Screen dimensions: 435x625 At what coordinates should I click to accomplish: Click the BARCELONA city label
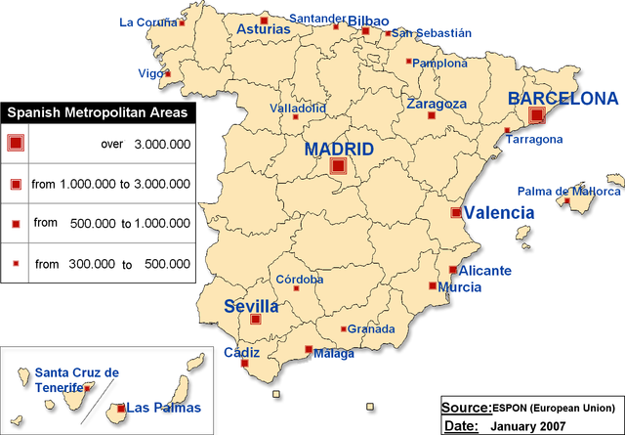pyautogui.click(x=563, y=99)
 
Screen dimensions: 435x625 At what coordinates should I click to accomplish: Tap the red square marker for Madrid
pyautogui.click(x=338, y=166)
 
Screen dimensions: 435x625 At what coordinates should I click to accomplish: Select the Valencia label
pyautogui.click(x=499, y=212)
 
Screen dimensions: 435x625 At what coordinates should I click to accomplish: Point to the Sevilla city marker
pyautogui.click(x=256, y=319)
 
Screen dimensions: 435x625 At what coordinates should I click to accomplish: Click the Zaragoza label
pyautogui.click(x=437, y=104)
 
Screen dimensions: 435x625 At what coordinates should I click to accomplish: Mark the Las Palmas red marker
pyautogui.click(x=120, y=408)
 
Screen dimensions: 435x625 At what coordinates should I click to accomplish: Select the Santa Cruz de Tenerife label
pyautogui.click(x=76, y=379)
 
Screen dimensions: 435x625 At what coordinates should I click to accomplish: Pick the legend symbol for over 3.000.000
pyautogui.click(x=15, y=143)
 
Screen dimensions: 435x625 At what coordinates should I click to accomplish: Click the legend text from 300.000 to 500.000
pyautogui.click(x=112, y=264)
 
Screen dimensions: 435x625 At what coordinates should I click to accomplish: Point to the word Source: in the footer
pyautogui.click(x=466, y=407)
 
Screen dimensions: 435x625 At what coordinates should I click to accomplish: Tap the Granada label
pyautogui.click(x=371, y=329)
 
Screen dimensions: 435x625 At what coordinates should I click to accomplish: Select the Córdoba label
pyautogui.click(x=300, y=280)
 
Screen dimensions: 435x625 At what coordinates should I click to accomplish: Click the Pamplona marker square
pyautogui.click(x=409, y=61)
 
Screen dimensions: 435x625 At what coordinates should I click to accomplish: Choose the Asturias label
pyautogui.click(x=264, y=29)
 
